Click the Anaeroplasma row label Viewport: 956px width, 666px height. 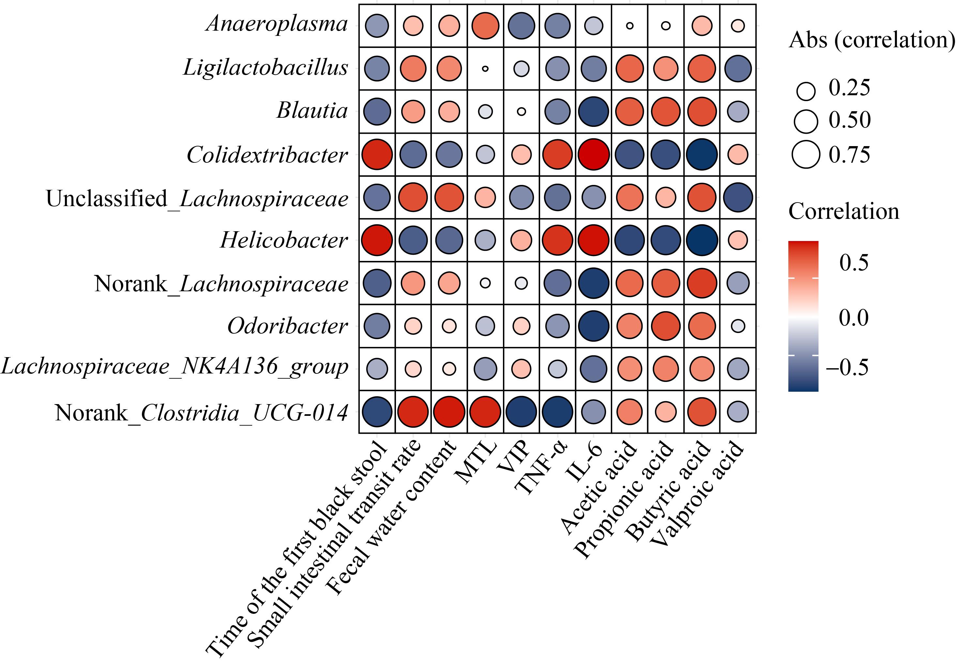[277, 24]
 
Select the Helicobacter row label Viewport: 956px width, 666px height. [284, 240]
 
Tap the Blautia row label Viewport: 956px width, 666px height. [312, 111]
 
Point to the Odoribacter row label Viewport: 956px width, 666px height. [287, 326]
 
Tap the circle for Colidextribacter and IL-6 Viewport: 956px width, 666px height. [594, 154]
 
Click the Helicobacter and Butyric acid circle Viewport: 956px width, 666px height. [702, 240]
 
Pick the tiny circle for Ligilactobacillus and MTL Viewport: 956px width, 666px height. [485, 69]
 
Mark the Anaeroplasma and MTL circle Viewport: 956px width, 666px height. [485, 26]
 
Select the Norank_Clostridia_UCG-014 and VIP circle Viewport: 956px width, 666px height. [521, 412]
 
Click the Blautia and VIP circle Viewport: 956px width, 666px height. [521, 112]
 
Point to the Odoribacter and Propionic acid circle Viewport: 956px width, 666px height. [666, 326]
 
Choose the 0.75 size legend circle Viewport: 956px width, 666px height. [806, 154]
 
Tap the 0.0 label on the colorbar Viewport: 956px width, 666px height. [854, 318]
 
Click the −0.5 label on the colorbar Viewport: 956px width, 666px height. [847, 367]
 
